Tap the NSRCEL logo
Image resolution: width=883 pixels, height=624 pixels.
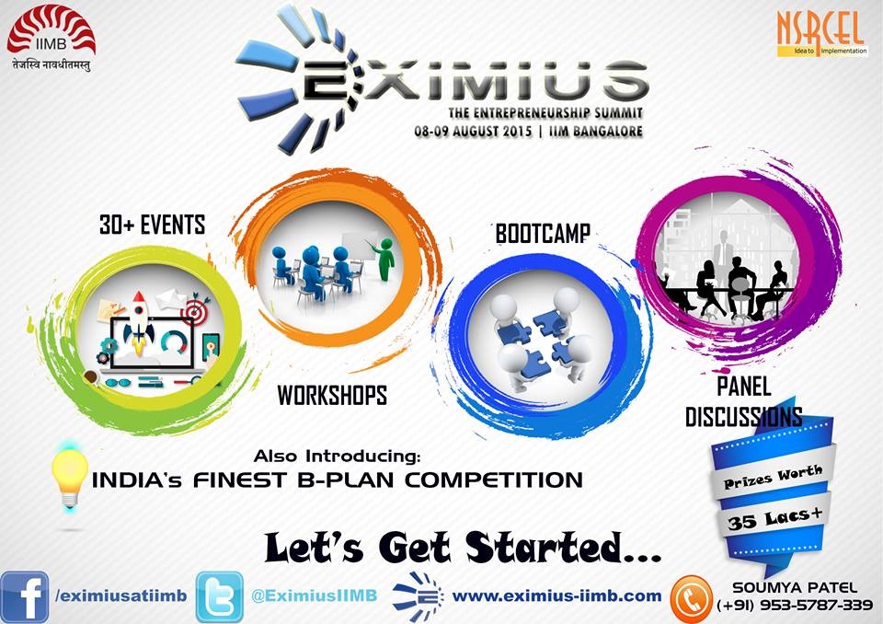[821, 34]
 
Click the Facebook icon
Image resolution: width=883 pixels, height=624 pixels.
[24, 596]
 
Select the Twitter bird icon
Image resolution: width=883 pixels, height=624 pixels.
[220, 596]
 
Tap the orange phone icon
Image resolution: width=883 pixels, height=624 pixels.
[692, 599]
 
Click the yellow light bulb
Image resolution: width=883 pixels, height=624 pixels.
[69, 478]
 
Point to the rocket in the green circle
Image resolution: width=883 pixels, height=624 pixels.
[138, 321]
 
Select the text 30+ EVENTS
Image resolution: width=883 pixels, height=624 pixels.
[152, 225]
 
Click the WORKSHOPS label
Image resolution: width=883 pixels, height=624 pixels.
[332, 395]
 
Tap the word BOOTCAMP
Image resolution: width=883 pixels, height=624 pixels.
[543, 234]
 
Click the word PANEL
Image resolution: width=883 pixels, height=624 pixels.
[743, 387]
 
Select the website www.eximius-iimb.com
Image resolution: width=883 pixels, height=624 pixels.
[557, 595]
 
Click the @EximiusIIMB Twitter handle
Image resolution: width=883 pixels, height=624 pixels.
[315, 595]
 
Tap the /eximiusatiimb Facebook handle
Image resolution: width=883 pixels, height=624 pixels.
[121, 595]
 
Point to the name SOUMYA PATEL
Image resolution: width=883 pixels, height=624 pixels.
[795, 588]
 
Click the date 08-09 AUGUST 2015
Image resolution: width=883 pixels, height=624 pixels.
[473, 132]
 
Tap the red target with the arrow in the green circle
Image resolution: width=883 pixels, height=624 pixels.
[195, 310]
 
